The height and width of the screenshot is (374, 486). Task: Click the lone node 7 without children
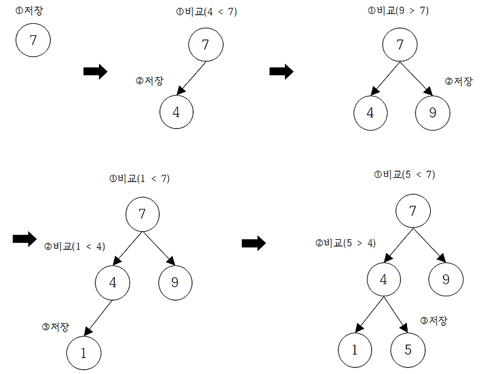click(x=33, y=40)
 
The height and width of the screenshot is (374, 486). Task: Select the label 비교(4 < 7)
click(x=211, y=12)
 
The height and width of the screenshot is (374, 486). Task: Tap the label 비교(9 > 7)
click(x=403, y=11)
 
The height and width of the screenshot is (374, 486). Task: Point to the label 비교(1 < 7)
click(x=143, y=178)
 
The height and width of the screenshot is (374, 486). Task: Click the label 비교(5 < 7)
click(x=409, y=175)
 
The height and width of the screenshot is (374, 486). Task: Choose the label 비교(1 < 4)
click(x=79, y=246)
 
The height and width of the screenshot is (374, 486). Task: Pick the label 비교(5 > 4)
click(x=350, y=243)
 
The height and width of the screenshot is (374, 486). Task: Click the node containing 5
click(x=408, y=350)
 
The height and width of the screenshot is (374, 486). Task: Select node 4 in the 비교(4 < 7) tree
click(x=176, y=112)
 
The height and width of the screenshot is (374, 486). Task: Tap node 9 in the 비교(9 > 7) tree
click(x=433, y=113)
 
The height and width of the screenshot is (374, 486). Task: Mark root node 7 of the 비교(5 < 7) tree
click(x=413, y=211)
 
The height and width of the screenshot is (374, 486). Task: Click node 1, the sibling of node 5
click(x=355, y=350)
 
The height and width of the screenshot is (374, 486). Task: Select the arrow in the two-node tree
click(x=191, y=78)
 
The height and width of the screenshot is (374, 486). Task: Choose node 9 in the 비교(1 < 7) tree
click(x=176, y=282)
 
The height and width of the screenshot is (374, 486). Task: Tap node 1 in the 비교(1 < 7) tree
click(x=84, y=353)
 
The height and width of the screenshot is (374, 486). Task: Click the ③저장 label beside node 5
click(x=434, y=321)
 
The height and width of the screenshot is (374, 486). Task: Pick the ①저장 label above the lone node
click(x=29, y=11)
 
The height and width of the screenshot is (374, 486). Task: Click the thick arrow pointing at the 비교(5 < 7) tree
click(x=254, y=243)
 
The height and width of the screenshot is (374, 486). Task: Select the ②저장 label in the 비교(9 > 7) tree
click(x=459, y=81)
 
